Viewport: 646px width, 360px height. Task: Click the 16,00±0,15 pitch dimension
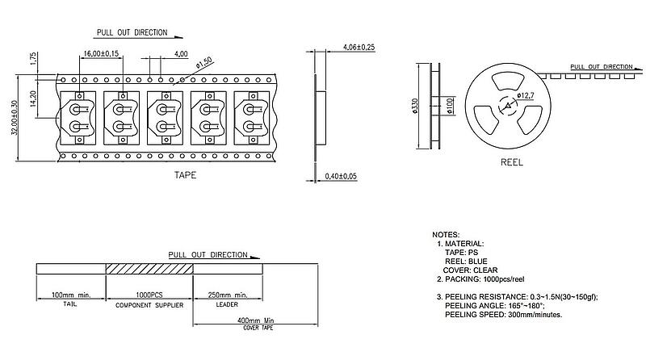tap(101, 53)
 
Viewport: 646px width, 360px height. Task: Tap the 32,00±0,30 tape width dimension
tap(14, 120)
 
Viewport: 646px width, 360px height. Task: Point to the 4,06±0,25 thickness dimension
tap(359, 48)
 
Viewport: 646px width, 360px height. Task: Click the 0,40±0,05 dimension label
tap(340, 176)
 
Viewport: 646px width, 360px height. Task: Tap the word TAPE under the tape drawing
tap(185, 174)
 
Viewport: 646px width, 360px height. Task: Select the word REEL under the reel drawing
tap(512, 162)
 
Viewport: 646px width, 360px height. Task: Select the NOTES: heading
tap(446, 233)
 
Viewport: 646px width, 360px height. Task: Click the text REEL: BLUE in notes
tap(465, 261)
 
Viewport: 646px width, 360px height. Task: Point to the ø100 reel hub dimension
tap(448, 106)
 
